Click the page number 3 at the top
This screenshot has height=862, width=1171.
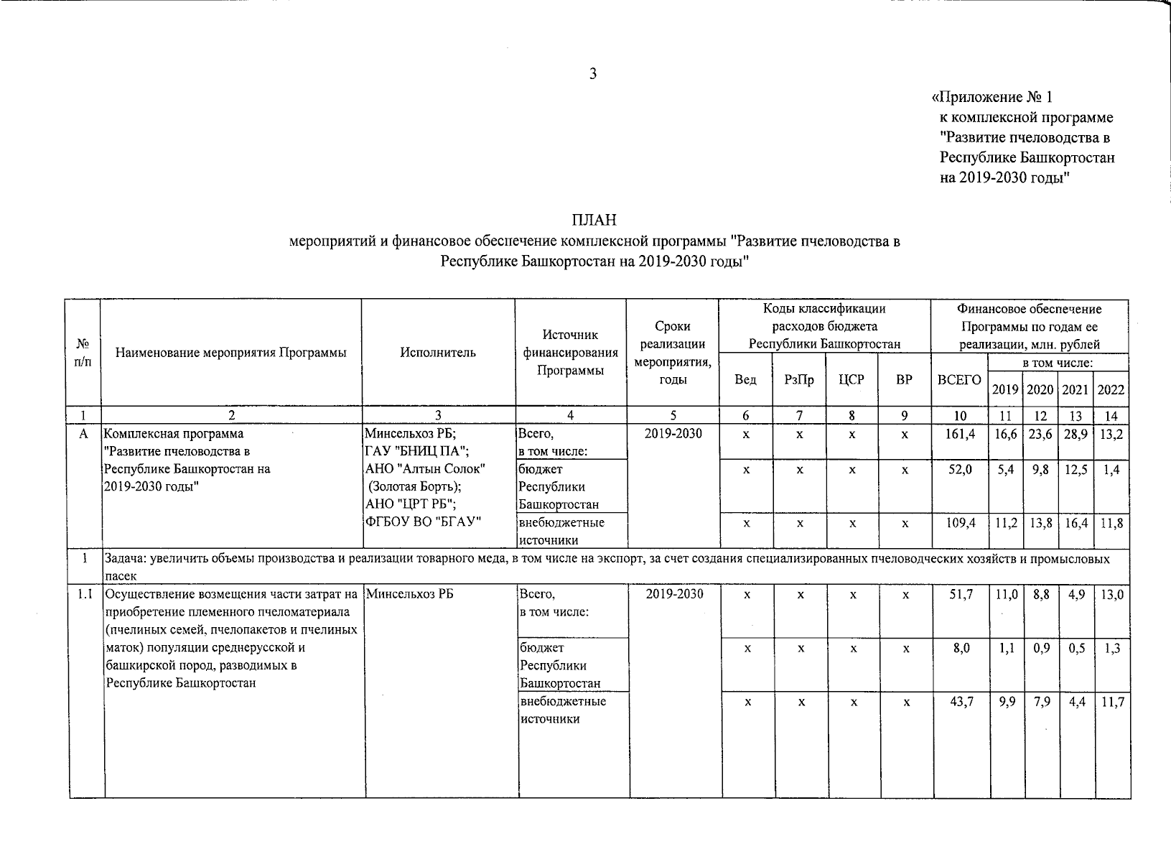tap(593, 74)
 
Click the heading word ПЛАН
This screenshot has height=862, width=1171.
tap(594, 220)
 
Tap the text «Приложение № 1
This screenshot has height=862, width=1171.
tap(991, 97)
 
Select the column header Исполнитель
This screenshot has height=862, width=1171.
tap(438, 353)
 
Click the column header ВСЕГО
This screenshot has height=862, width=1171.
tap(959, 380)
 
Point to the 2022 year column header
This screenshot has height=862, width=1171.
tap(1111, 389)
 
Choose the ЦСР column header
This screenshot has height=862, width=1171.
tap(852, 380)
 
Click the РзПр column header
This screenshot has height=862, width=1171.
tap(799, 380)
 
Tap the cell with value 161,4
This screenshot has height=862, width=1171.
tap(961, 435)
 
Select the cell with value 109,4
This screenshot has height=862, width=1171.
tap(961, 524)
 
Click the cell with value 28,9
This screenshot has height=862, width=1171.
tap(1076, 435)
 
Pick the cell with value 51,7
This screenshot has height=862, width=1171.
tap(961, 595)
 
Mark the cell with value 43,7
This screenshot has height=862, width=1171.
tap(961, 702)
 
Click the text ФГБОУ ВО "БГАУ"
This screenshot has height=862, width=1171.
tap(423, 522)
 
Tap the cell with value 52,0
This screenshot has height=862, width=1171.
tap(961, 470)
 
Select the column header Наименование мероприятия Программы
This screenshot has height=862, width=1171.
tap(230, 353)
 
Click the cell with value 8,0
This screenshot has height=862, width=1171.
tap(961, 649)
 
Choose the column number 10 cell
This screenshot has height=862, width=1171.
tap(960, 415)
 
